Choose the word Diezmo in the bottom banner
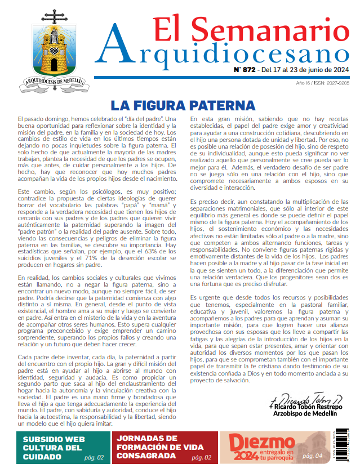[x=254, y=442]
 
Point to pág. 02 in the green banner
[x=93, y=458]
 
